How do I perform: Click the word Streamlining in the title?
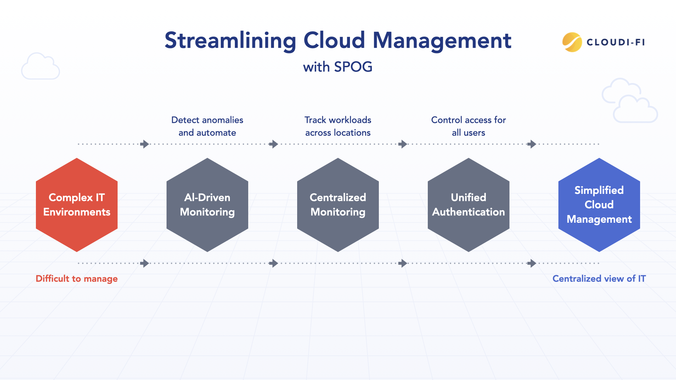230,40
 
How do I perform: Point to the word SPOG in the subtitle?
353,67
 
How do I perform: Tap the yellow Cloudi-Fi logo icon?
572,42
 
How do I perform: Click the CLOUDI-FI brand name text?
616,42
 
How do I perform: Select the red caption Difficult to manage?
77,279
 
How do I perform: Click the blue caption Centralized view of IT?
599,279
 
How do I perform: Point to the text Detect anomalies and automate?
207,126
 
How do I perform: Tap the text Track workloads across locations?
338,126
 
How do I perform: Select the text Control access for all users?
469,126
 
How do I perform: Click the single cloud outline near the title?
40,67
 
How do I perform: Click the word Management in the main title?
442,40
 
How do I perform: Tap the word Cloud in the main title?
334,40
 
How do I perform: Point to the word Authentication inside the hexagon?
469,212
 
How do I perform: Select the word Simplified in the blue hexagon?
599,190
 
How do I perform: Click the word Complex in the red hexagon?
70,197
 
